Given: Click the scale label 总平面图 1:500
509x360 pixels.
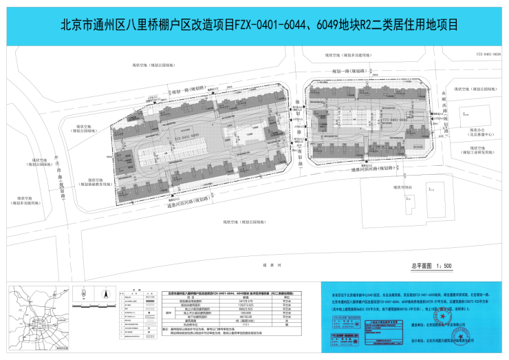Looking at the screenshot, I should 431,265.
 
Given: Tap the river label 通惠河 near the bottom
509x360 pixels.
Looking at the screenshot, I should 259,264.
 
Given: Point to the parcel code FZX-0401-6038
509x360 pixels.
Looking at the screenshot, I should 488,52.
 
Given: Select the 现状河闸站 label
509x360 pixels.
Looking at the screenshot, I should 401,187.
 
